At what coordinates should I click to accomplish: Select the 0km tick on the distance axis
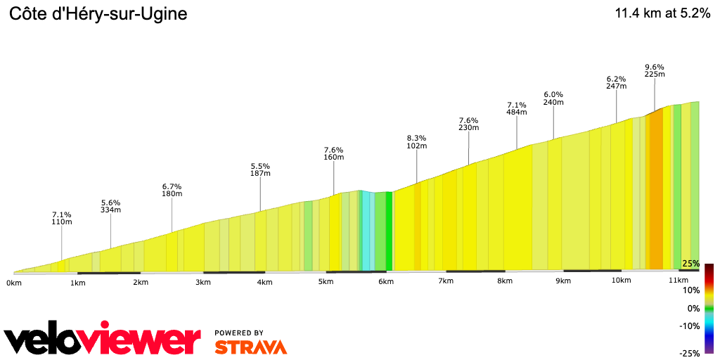14,282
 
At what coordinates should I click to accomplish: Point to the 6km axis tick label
385,281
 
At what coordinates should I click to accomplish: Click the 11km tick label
678,281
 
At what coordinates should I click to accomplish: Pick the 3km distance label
203,282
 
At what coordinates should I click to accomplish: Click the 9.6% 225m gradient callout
655,70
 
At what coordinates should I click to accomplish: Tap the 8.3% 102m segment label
417,142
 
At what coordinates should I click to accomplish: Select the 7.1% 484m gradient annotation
517,108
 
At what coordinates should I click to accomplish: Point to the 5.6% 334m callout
111,205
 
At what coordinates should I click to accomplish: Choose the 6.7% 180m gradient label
172,190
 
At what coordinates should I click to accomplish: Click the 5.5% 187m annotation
260,169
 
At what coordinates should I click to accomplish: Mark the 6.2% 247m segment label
616,82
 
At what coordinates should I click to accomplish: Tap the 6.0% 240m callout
554,98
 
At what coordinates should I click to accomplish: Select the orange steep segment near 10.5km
655,190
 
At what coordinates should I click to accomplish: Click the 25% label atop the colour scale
690,264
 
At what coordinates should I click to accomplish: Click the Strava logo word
250,347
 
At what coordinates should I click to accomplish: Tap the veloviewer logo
102,340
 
